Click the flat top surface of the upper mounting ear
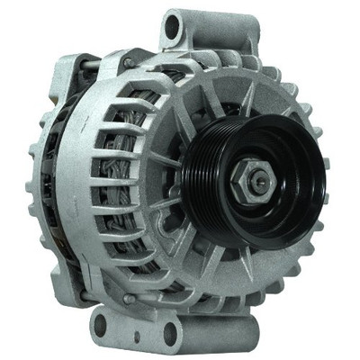click(180, 15)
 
